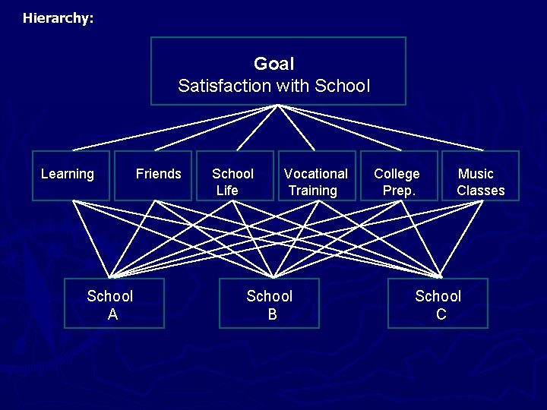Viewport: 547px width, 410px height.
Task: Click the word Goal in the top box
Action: click(273, 64)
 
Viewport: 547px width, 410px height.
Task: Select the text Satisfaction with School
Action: click(273, 86)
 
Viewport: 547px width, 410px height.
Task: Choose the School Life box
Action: click(235, 175)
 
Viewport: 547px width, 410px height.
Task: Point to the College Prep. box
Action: click(398, 175)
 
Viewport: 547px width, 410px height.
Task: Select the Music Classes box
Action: click(480, 175)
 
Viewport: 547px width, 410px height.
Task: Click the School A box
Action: click(114, 303)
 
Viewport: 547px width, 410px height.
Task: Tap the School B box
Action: click(270, 303)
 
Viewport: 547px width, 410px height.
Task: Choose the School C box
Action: click(438, 303)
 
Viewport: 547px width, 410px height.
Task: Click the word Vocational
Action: click(316, 174)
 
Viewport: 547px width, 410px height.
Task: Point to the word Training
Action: click(312, 191)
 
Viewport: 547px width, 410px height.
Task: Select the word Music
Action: click(476, 174)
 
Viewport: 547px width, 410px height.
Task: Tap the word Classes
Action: click(480, 191)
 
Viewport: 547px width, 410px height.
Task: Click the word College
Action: click(397, 174)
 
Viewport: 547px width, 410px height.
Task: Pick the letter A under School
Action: click(112, 314)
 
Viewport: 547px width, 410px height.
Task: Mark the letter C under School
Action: click(441, 314)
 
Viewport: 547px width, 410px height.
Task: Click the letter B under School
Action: click(272, 314)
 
